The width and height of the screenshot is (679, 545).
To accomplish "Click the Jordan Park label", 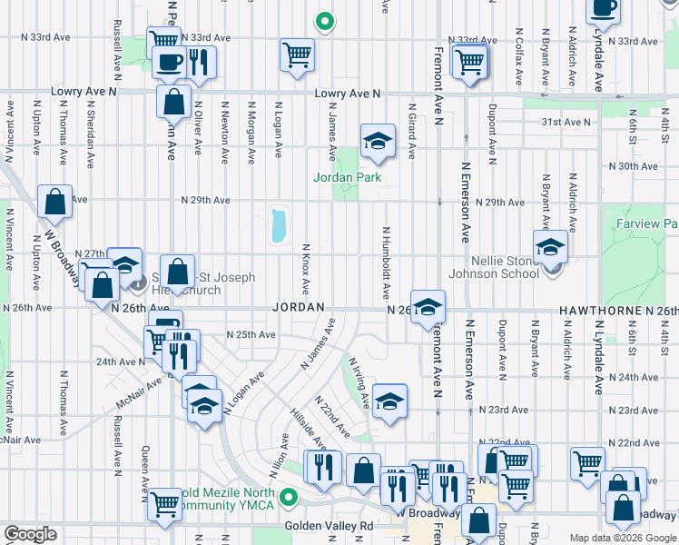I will (x=348, y=177).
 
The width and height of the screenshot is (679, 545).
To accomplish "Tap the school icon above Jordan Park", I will (x=378, y=142).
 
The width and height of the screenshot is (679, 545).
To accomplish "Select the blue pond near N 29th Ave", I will (x=278, y=225).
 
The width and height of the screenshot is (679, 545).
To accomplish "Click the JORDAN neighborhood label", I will (x=298, y=308).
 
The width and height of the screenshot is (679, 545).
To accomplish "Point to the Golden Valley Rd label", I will (x=329, y=526).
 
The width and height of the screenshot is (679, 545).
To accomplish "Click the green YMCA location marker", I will (x=289, y=497).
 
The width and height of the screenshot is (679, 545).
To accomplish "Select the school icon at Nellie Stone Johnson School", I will (x=550, y=247).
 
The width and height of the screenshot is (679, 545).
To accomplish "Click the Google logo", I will (x=30, y=534).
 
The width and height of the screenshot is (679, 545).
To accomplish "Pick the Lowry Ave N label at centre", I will (x=345, y=94).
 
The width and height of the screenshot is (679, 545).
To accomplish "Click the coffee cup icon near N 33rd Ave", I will (x=169, y=63).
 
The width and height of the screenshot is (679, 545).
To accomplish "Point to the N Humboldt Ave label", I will (x=386, y=263).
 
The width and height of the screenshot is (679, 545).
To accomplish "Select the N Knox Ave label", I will (x=305, y=269).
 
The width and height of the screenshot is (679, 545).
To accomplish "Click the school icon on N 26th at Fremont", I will (x=428, y=307).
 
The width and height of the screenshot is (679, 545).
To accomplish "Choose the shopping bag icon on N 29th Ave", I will (x=55, y=203).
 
